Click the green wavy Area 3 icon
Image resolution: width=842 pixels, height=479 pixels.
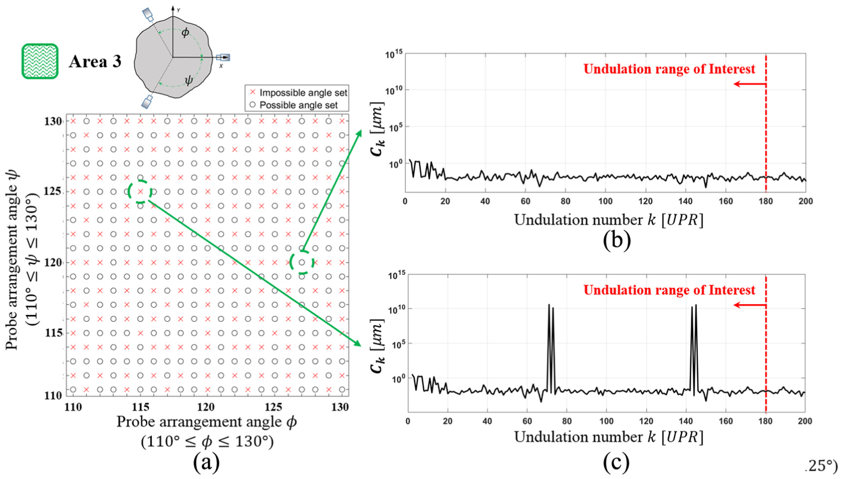coord(40,61)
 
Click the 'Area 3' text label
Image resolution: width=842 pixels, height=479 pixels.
coord(95,61)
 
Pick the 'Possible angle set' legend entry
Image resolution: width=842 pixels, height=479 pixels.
coord(294,105)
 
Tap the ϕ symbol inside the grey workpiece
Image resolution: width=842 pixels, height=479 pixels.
coord(185,33)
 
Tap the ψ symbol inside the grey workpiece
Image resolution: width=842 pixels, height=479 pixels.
coord(189,80)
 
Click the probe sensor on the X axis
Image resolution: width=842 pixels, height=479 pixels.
coord(223,58)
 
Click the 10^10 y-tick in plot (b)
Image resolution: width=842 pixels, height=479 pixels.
coord(393,90)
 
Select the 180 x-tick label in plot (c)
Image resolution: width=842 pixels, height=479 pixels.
coord(766,421)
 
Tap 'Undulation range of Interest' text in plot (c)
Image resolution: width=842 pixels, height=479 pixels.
coord(669,290)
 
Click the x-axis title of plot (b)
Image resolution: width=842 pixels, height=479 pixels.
coord(609,220)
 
